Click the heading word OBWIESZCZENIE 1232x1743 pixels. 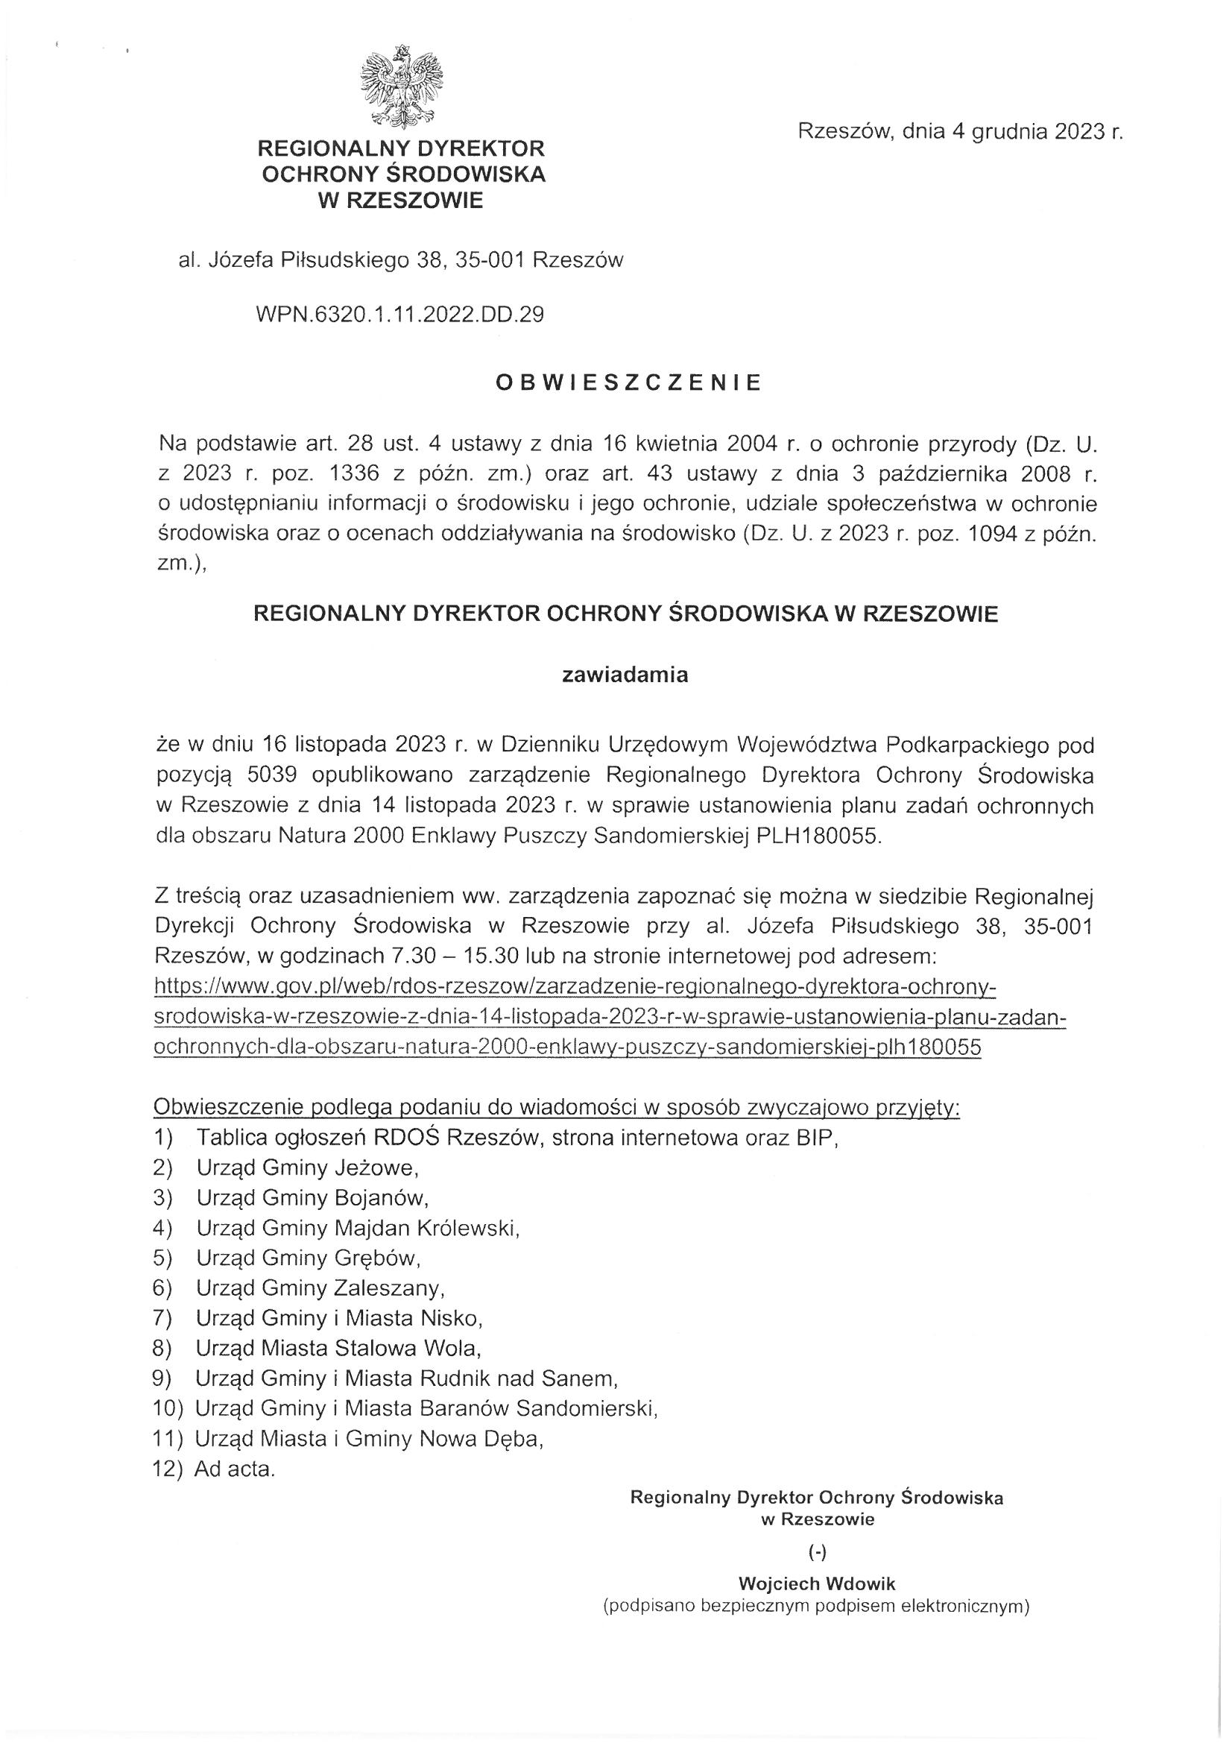coord(628,383)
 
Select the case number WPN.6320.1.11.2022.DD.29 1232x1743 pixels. coord(401,315)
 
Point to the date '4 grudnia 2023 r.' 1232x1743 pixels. coord(1037,132)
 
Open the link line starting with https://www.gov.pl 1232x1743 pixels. coord(574,987)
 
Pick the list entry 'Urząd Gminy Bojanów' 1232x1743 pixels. coord(313,1197)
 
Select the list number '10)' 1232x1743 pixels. coord(168,1408)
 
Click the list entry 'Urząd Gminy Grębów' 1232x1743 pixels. coord(309,1258)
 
